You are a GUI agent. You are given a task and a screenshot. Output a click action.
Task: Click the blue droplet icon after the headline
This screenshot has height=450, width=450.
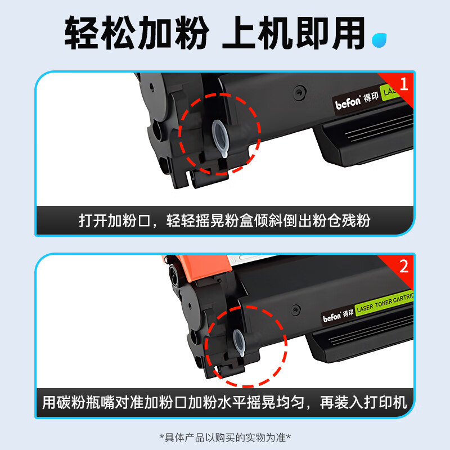[379, 40]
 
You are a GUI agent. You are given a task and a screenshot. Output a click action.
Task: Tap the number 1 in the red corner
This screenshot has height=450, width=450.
[404, 84]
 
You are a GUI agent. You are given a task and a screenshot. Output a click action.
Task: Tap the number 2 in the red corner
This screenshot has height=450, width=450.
[404, 266]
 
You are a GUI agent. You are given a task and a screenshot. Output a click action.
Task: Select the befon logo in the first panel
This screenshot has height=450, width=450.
[348, 103]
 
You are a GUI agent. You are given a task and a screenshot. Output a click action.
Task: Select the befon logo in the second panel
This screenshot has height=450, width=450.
[332, 317]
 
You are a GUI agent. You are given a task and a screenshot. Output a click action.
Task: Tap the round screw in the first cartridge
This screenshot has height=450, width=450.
[299, 92]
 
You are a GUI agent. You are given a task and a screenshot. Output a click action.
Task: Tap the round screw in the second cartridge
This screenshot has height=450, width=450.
[296, 310]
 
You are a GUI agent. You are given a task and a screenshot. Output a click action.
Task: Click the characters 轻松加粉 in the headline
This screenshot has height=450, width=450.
[137, 33]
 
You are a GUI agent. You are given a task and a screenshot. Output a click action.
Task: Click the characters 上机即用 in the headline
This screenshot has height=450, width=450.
[293, 33]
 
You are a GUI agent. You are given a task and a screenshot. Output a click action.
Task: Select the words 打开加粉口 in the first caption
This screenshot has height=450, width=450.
[115, 220]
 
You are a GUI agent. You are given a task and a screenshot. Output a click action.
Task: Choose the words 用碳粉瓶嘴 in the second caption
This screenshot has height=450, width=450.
[78, 402]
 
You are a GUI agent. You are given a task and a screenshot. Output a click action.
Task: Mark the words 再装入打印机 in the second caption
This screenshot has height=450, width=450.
[363, 402]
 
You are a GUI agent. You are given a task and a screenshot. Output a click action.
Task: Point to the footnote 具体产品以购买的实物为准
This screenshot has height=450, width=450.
[225, 438]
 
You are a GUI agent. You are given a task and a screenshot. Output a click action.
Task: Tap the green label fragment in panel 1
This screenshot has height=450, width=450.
[389, 92]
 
